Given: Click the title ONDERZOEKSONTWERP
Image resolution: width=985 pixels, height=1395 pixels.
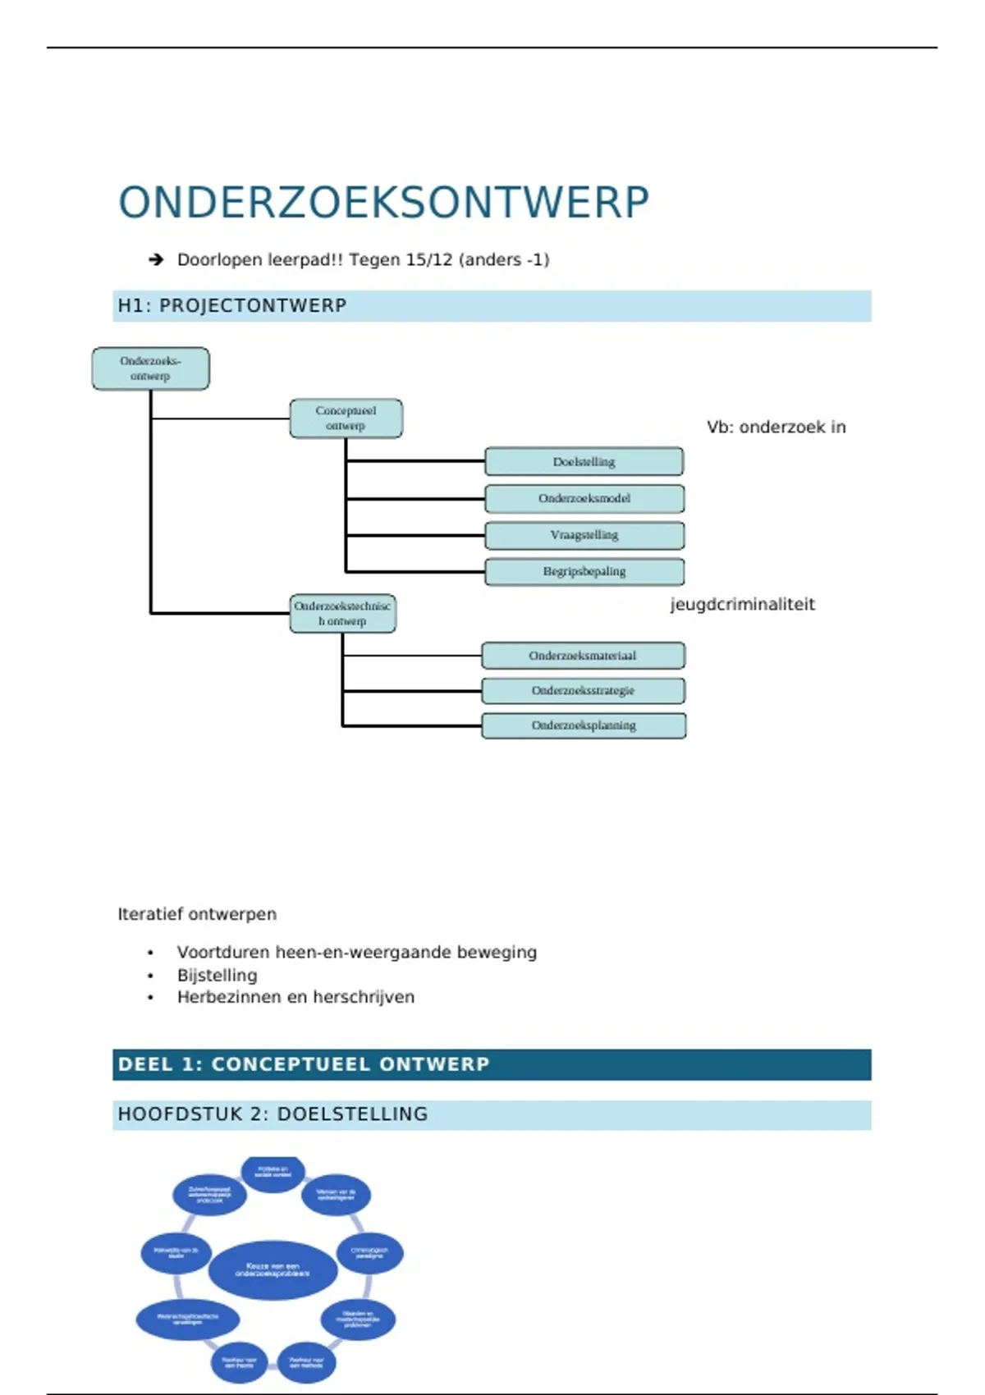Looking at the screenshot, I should tap(383, 203).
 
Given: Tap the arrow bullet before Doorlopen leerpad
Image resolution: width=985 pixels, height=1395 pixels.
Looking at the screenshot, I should tap(156, 260).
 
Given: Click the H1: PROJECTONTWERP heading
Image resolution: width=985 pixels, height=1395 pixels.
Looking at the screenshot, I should tap(232, 306).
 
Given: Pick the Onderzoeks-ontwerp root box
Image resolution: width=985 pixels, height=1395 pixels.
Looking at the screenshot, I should tap(150, 368).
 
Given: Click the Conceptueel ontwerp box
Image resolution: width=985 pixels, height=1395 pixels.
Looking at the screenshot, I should tap(346, 418).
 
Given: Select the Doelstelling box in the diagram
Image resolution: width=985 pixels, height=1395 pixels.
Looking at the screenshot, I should tap(584, 462).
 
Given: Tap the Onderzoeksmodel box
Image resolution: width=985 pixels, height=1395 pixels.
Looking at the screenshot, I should tap(584, 498).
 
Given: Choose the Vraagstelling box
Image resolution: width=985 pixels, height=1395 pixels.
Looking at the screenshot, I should tap(584, 535).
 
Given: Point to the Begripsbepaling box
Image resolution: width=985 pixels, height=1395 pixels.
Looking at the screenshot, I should tap(584, 571).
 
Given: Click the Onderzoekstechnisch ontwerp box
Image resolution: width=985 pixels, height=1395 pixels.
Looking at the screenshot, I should tap(342, 614).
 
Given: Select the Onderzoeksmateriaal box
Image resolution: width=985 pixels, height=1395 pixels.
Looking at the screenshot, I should tap(583, 656).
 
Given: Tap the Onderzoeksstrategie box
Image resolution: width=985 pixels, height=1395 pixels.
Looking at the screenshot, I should tap(583, 691).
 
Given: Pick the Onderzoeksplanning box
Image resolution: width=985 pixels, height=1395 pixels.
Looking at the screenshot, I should tap(583, 725).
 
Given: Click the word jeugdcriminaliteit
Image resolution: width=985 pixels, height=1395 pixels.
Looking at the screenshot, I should tap(742, 605).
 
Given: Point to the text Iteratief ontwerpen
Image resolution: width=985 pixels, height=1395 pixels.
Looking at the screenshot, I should tap(197, 914).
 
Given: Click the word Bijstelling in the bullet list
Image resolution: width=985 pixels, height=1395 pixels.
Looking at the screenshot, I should tap(217, 976).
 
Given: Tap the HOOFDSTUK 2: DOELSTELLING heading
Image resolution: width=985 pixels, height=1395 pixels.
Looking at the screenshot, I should tap(273, 1114).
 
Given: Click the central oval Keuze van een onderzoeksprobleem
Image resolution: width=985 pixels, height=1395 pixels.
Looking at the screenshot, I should tap(273, 1269).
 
